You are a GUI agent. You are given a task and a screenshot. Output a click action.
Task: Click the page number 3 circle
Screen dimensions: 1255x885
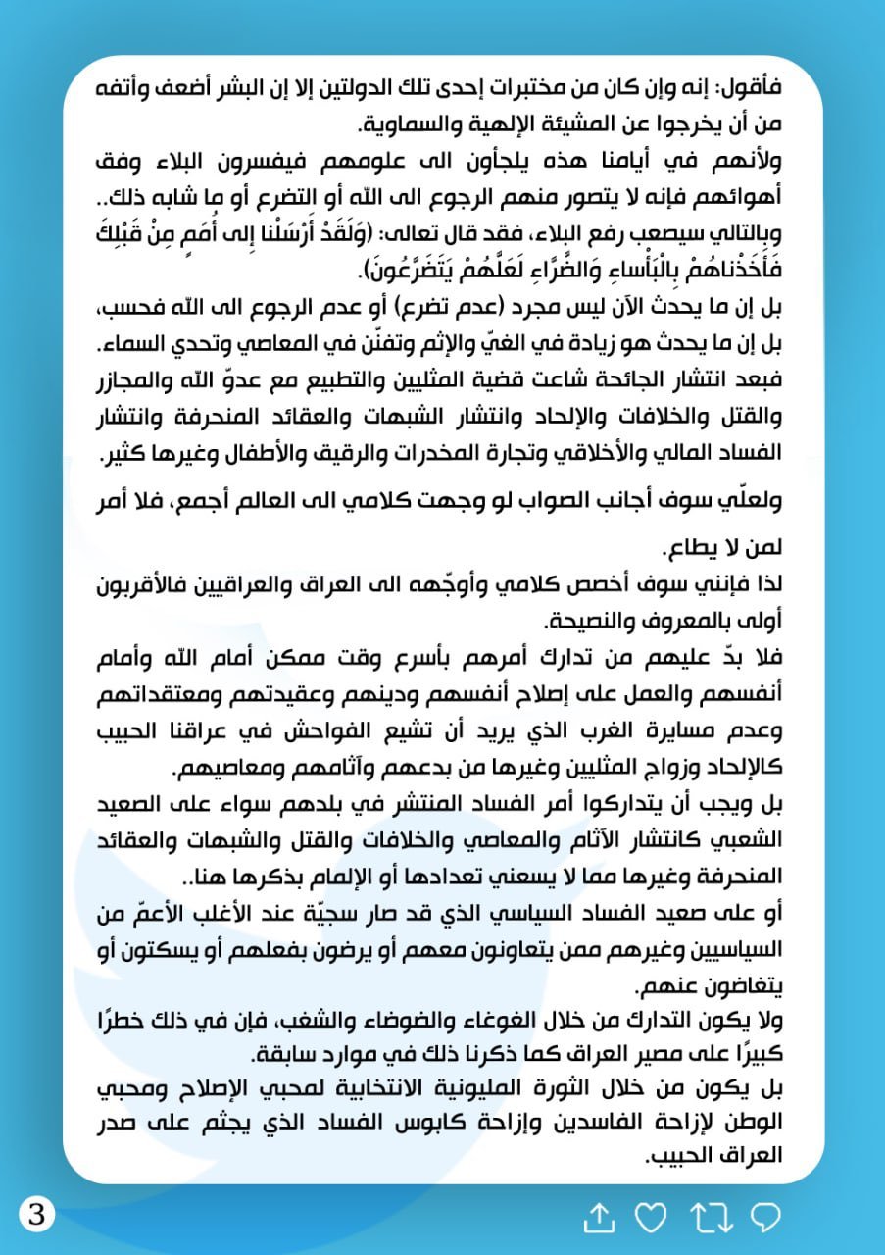point(37,1215)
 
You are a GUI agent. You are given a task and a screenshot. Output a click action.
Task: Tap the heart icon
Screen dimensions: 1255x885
point(651,1218)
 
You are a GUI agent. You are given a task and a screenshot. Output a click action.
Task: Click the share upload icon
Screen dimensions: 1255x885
point(599,1218)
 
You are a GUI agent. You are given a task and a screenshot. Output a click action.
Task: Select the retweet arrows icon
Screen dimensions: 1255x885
point(711,1218)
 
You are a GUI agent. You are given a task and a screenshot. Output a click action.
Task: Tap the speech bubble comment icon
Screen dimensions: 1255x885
point(765,1218)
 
